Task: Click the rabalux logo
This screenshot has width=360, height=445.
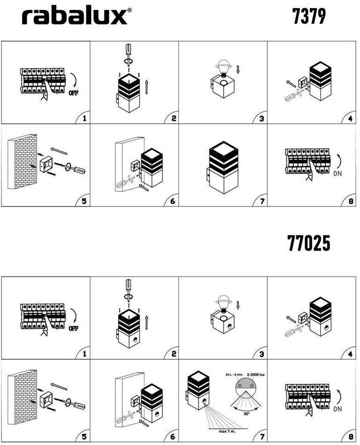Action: click(77, 16)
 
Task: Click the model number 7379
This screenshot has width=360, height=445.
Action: click(309, 17)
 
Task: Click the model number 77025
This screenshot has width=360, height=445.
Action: click(309, 243)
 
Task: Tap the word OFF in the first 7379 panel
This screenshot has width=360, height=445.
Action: click(74, 93)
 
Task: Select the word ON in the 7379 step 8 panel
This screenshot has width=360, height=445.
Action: click(337, 173)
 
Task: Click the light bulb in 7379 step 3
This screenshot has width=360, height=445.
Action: click(224, 68)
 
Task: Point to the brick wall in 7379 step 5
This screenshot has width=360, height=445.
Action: click(23, 161)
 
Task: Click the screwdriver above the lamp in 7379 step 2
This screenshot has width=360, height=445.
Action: click(129, 55)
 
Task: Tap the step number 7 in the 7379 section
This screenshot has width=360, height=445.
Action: click(262, 201)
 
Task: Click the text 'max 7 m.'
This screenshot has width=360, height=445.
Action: click(227, 431)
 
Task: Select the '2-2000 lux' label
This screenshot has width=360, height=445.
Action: click(256, 375)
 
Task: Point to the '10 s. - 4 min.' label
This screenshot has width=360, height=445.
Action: click(234, 375)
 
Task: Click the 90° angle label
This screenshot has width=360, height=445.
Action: click(247, 414)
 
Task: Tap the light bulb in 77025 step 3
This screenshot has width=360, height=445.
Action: click(224, 304)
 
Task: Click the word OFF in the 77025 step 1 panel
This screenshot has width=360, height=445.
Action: click(74, 328)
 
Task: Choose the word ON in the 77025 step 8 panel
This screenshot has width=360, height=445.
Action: click(337, 409)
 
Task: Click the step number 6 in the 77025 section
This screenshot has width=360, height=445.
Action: click(172, 436)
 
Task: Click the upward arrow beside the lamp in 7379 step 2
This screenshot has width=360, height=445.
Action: click(146, 87)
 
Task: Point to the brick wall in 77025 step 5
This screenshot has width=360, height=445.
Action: click(23, 397)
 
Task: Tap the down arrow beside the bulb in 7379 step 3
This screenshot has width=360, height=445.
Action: click(238, 69)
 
